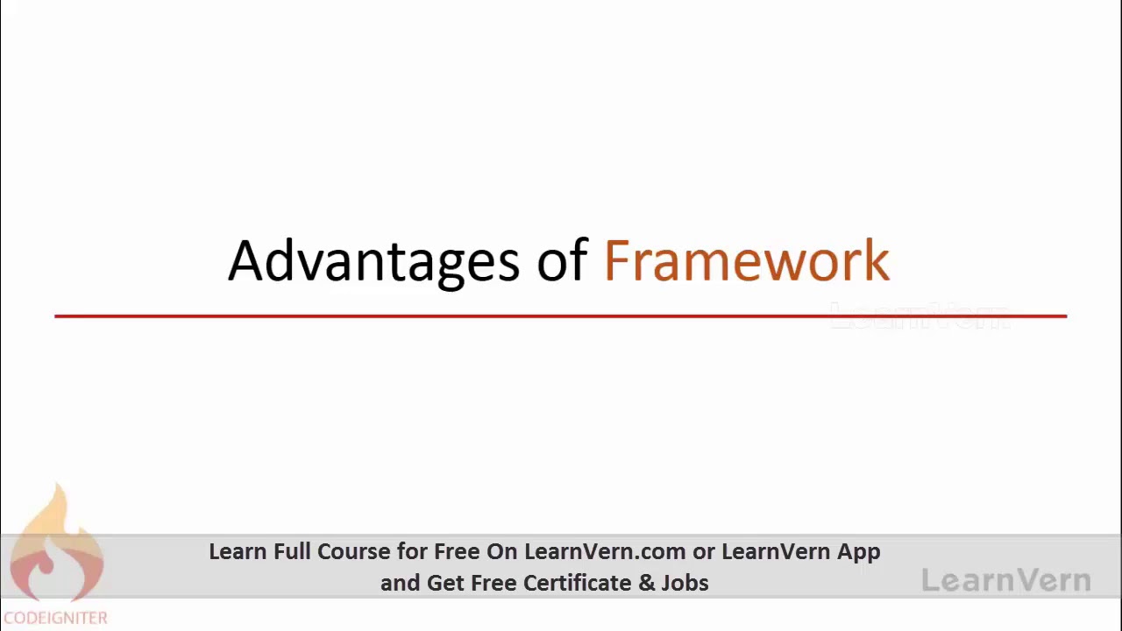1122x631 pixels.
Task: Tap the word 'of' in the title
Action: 562,260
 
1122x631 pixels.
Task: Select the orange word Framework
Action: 747,260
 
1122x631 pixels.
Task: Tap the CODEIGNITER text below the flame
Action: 55,618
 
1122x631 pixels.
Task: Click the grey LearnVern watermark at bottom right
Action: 1006,580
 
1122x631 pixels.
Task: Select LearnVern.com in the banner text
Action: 605,551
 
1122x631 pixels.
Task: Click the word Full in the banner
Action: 292,551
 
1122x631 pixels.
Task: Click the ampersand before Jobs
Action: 647,583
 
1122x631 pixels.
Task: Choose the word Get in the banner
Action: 445,583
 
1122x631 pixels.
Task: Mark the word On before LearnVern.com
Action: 502,551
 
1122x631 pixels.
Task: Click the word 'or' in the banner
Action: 703,552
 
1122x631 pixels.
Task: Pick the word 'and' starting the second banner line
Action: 400,583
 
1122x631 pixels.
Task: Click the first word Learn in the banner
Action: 238,551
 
